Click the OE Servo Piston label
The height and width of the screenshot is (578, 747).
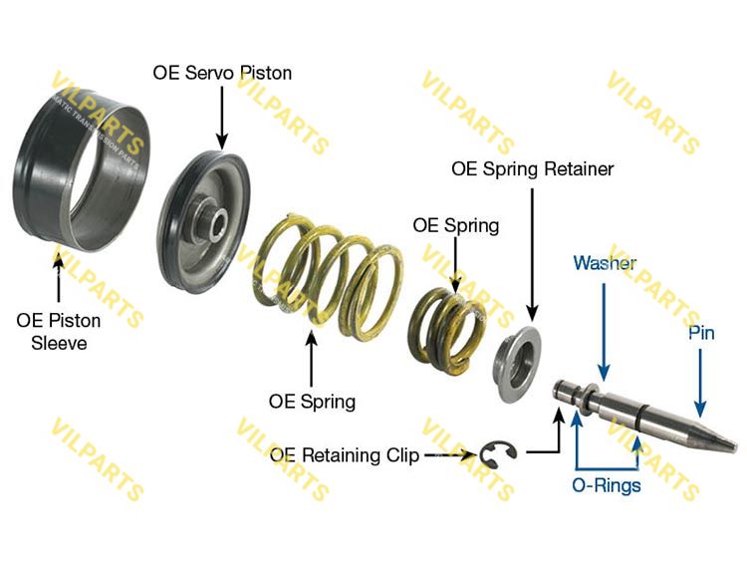(222, 73)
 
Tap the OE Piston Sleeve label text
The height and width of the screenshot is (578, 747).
(59, 332)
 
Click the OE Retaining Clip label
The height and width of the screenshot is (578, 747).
(343, 455)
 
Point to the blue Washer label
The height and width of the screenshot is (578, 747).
(605, 263)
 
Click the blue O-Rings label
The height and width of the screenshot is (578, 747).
(607, 486)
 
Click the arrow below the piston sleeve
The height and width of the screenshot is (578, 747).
(59, 279)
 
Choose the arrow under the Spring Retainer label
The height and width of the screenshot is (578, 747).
(533, 259)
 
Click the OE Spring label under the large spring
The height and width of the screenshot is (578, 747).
(312, 402)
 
